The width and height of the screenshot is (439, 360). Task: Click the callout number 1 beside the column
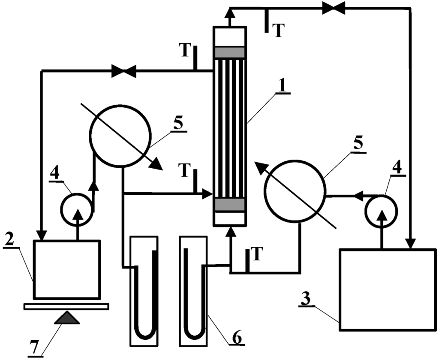click(283, 85)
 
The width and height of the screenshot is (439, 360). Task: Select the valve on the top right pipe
click(334, 8)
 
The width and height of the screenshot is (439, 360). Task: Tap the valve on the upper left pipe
click(123, 71)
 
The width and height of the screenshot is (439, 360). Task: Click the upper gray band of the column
click(229, 52)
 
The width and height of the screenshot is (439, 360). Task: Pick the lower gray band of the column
click(229, 205)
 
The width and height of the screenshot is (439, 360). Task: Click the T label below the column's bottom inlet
click(256, 254)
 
